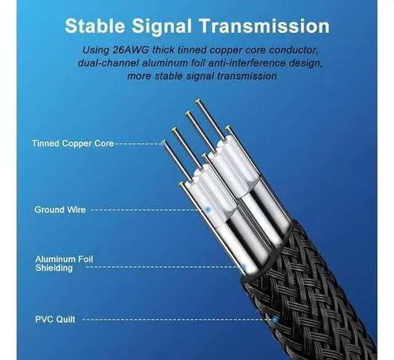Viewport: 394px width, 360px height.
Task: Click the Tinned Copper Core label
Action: point(73,143)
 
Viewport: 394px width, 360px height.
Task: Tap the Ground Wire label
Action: point(60,210)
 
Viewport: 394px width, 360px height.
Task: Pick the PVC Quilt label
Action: point(57,319)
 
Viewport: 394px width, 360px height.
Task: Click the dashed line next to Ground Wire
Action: point(148,210)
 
